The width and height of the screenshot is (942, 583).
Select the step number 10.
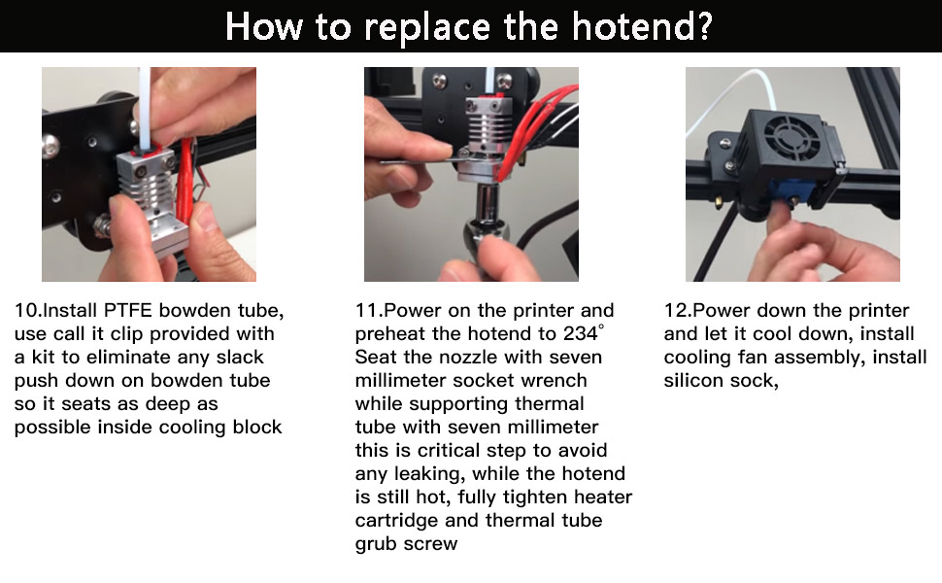click(26, 311)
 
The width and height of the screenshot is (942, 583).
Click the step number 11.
click(367, 311)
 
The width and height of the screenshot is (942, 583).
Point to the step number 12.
click(676, 311)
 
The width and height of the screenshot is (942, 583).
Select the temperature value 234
click(580, 334)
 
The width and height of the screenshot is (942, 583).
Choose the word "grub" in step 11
click(378, 544)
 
